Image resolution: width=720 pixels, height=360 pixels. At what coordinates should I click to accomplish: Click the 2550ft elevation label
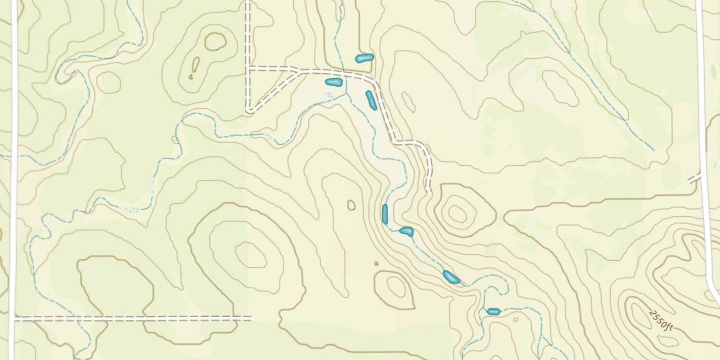click(x=661, y=320)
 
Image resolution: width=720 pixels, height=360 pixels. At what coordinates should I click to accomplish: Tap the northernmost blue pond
click(x=364, y=58)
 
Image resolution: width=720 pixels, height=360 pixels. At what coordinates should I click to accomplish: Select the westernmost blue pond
click(x=334, y=82)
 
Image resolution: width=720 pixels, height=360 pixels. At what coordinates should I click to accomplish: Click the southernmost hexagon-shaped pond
click(x=493, y=312)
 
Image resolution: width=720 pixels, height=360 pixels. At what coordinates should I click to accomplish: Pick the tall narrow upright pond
click(x=384, y=214)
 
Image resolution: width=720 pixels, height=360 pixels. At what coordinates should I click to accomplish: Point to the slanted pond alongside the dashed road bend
click(x=371, y=100)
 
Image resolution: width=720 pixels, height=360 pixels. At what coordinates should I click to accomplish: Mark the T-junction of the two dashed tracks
click(x=248, y=68)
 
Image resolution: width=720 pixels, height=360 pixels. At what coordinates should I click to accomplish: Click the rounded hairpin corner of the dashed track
click(x=250, y=110)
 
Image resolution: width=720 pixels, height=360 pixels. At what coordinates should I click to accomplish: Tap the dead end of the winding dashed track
click(x=429, y=191)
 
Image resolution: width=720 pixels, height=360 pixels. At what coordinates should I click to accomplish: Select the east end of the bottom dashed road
click(x=251, y=318)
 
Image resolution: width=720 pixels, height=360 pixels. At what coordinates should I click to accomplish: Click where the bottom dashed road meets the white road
click(x=14, y=318)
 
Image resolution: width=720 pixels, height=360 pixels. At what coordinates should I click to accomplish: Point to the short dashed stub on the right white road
click(x=694, y=178)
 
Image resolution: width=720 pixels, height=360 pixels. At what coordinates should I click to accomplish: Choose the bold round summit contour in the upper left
click(x=216, y=42)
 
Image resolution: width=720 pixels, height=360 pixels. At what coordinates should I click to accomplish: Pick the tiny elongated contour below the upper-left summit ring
click(x=195, y=64)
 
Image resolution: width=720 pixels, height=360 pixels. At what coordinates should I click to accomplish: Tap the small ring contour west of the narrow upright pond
click(x=351, y=205)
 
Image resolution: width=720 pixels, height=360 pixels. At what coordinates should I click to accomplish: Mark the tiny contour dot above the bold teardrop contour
click(x=376, y=264)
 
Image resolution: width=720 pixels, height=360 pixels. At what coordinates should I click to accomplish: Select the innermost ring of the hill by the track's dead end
click(x=457, y=212)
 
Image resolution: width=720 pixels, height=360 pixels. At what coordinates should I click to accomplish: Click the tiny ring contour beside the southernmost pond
click(x=516, y=319)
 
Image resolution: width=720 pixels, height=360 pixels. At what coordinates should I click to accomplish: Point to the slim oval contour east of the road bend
click(x=408, y=102)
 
